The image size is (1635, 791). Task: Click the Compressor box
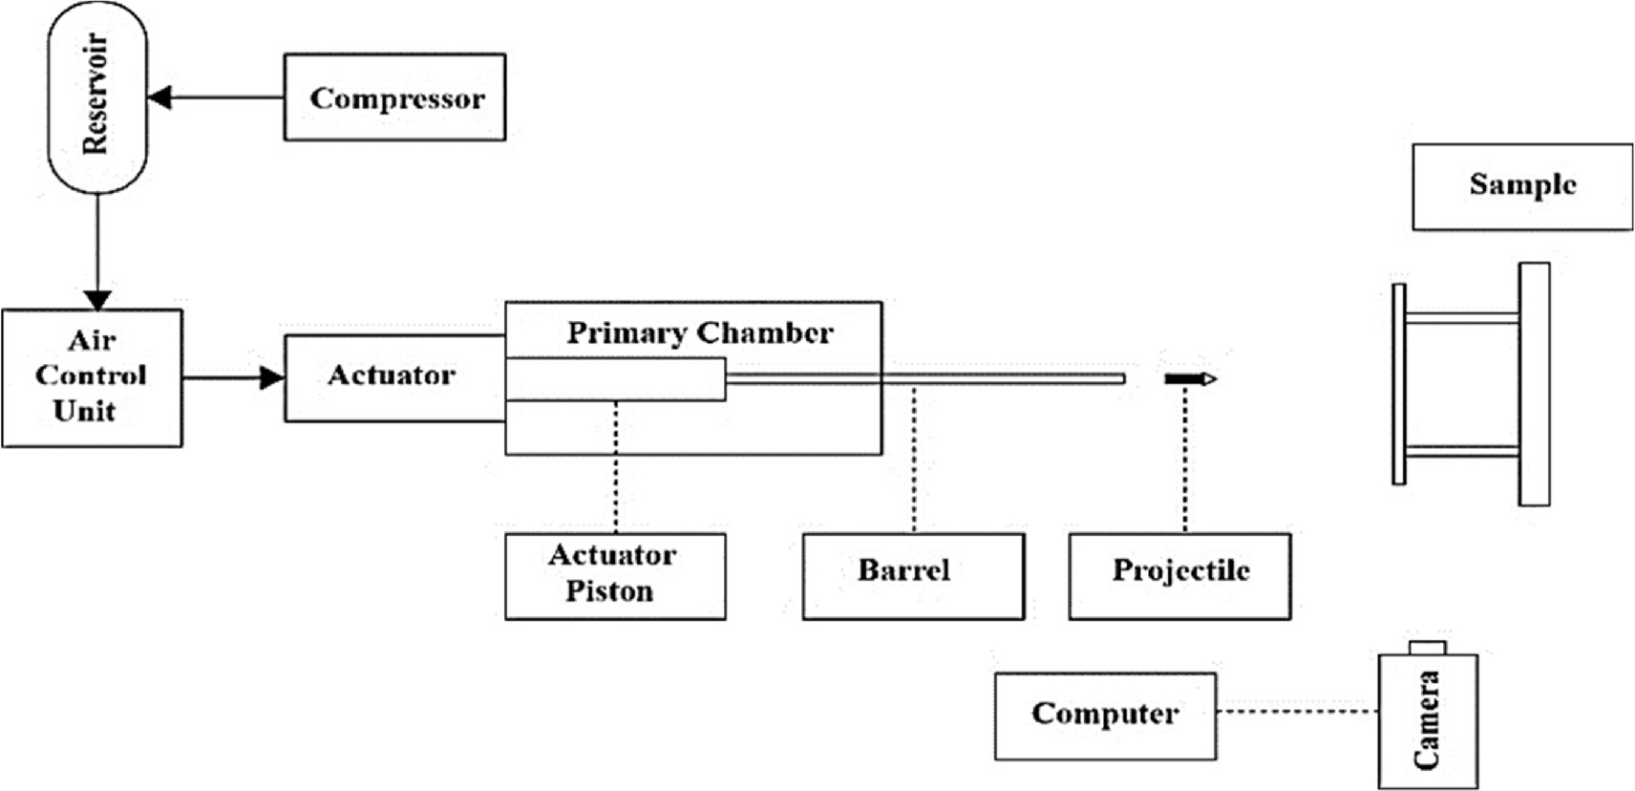394,97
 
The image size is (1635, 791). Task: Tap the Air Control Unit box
92,377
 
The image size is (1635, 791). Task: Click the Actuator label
392,375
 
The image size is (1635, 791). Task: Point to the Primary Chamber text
699,332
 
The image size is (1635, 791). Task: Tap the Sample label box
1522,186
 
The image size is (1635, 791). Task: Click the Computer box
1105,716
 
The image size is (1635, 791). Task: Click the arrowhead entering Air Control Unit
97,299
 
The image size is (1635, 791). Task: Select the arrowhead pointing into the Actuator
272,378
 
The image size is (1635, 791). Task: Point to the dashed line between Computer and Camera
1297,711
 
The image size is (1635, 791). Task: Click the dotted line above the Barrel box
914,459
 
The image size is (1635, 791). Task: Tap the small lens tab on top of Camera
1428,648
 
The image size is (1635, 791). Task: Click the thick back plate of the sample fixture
1534,384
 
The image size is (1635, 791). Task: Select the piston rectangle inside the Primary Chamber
615,379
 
